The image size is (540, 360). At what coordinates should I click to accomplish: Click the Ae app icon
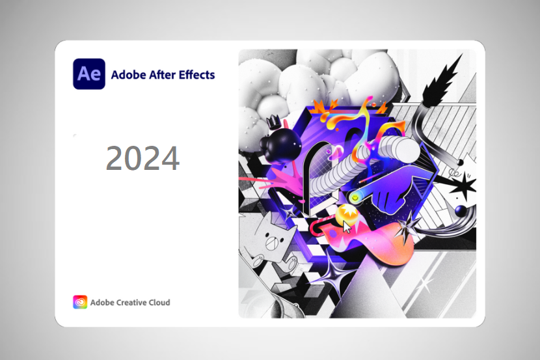[x=89, y=74]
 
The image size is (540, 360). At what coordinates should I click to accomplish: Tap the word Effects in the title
[x=197, y=74]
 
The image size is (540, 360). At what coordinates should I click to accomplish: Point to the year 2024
[x=142, y=158]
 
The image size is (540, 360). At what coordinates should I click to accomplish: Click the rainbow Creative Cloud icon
[x=80, y=302]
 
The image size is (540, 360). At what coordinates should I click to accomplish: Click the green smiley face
[x=355, y=198]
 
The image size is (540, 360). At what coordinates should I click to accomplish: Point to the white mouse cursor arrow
[x=347, y=227]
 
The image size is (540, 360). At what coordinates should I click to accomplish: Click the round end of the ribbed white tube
[x=409, y=149]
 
